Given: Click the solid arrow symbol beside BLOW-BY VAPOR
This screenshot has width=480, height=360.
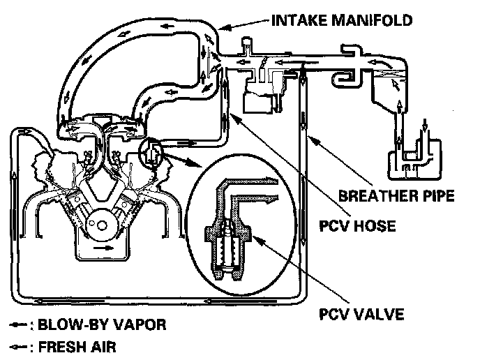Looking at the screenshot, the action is tap(19, 325).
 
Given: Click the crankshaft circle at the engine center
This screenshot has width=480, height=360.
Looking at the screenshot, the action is tap(103, 226).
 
